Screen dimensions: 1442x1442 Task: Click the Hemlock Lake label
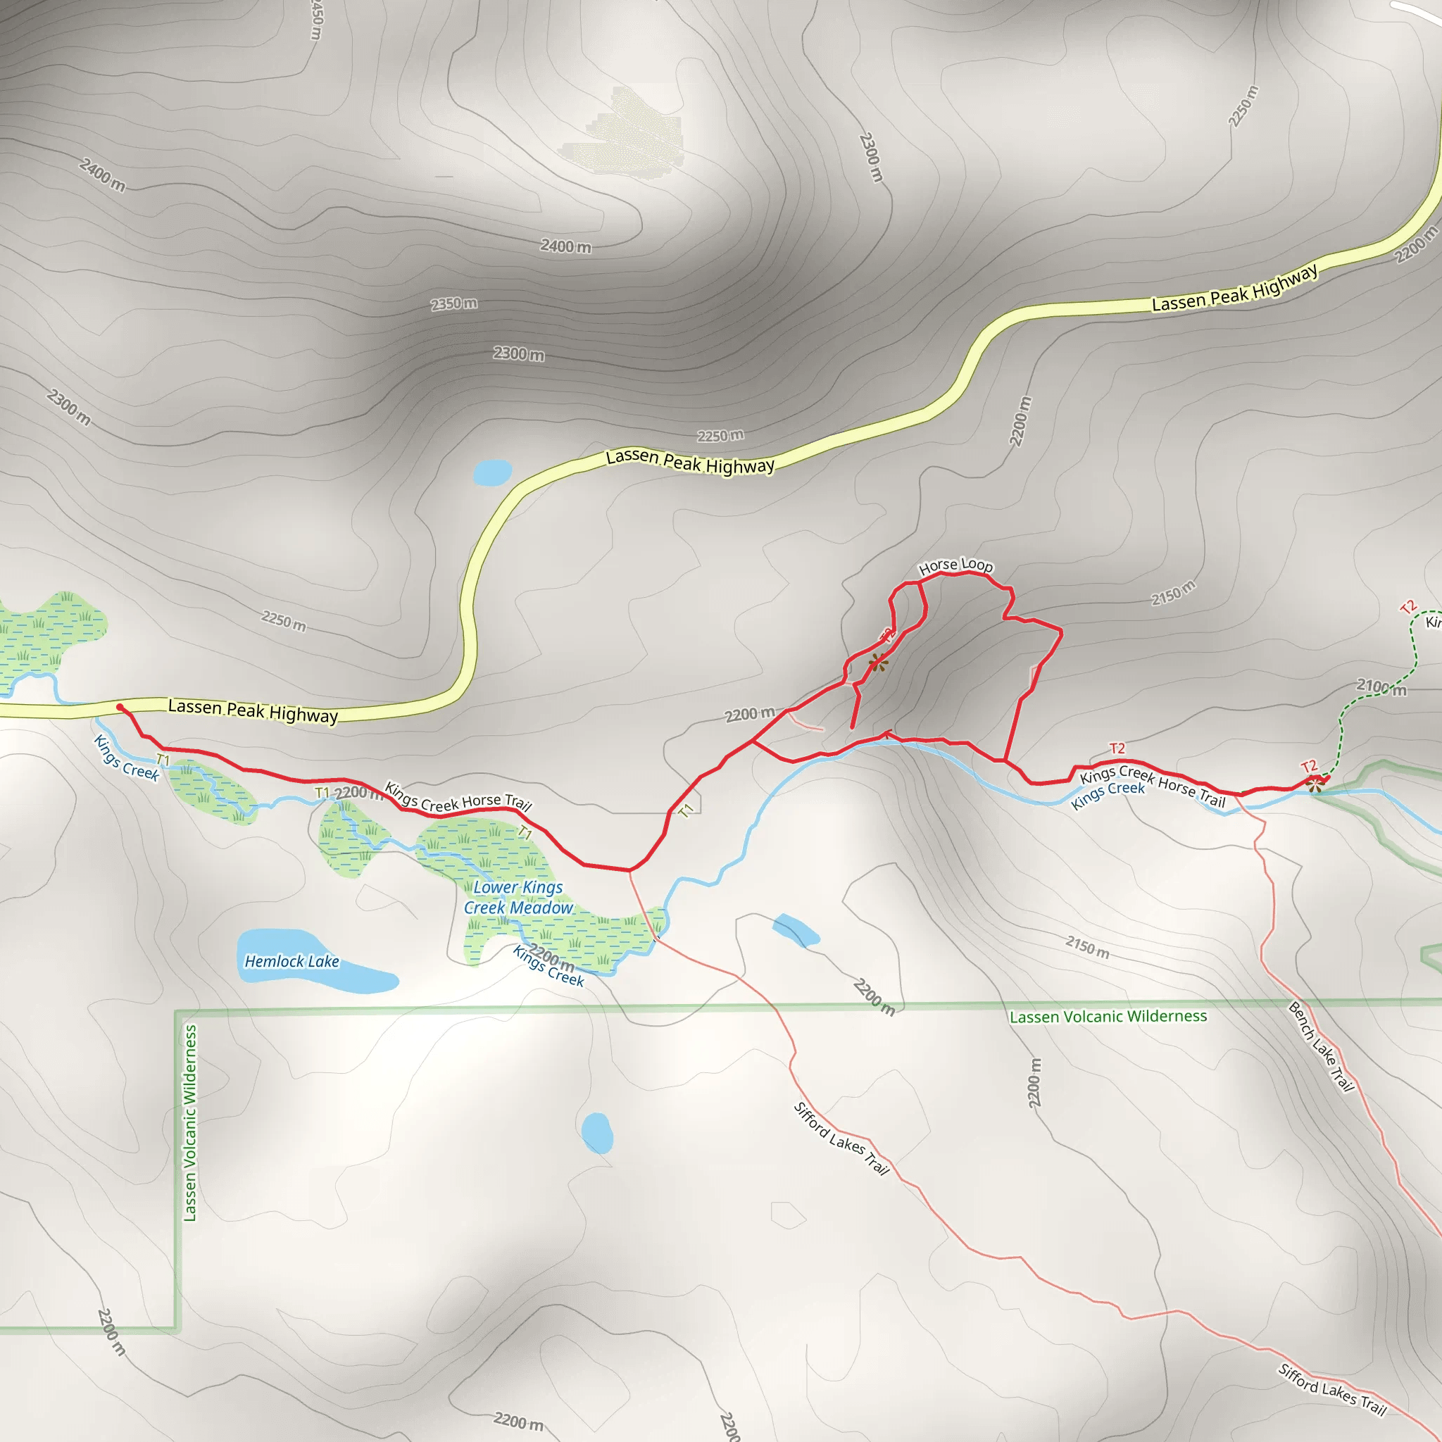pyautogui.click(x=291, y=961)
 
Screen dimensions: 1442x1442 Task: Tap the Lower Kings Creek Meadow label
pyautogui.click(x=519, y=897)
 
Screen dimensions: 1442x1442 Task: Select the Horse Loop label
pyautogui.click(x=955, y=566)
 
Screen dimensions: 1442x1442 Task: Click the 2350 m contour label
pyautogui.click(x=454, y=303)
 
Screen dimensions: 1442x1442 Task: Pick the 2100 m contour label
pyautogui.click(x=1381, y=686)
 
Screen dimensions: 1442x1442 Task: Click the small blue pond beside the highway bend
pyautogui.click(x=493, y=472)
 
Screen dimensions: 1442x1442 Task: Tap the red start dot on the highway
pyautogui.click(x=120, y=707)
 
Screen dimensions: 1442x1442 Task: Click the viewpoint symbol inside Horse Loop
pyautogui.click(x=878, y=661)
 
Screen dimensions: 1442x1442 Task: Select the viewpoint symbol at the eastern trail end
pyautogui.click(x=1315, y=784)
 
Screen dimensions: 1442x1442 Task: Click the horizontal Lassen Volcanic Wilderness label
pyautogui.click(x=1108, y=1017)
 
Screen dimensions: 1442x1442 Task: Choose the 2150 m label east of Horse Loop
pyautogui.click(x=1172, y=594)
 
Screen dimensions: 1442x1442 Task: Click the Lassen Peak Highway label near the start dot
pyautogui.click(x=253, y=710)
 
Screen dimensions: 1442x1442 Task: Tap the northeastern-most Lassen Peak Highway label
pyautogui.click(x=1234, y=287)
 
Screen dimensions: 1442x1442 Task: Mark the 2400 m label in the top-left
pyautogui.click(x=102, y=175)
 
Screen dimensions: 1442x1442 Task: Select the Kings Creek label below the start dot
pyautogui.click(x=126, y=758)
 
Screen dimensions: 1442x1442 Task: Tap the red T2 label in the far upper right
pyautogui.click(x=1407, y=607)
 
